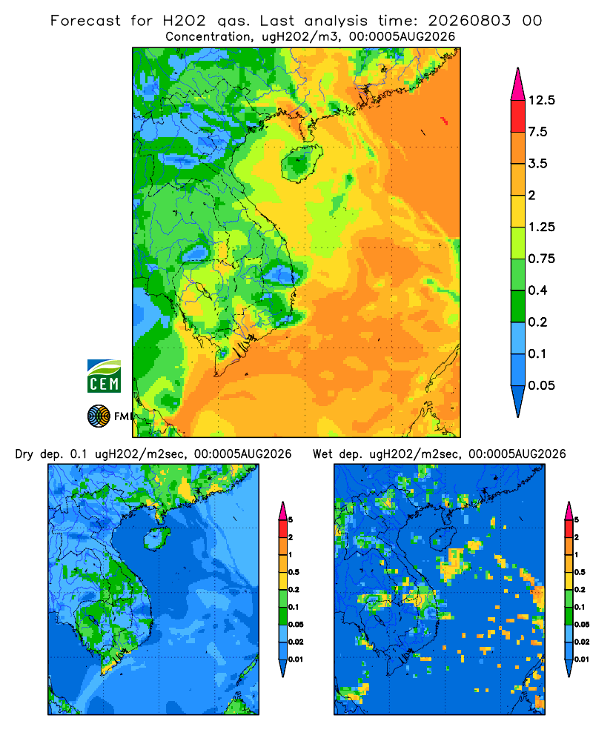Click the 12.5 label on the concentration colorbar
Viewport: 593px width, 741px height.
(541, 100)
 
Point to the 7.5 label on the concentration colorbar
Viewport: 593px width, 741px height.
(537, 132)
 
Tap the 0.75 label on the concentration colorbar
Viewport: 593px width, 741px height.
(541, 259)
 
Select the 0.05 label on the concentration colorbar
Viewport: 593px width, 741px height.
(541, 385)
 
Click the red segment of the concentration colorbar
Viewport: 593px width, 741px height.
(518, 116)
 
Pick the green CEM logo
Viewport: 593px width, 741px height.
(104, 376)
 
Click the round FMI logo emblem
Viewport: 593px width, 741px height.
(99, 416)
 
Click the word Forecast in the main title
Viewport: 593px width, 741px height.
(85, 21)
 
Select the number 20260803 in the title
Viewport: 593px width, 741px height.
(469, 21)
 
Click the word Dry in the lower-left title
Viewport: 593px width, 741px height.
(24, 454)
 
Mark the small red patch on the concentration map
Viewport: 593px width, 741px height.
(444, 121)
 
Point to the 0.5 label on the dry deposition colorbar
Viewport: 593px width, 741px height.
(294, 572)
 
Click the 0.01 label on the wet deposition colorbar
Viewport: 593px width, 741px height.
(582, 659)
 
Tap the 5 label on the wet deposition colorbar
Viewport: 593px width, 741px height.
(577, 520)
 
